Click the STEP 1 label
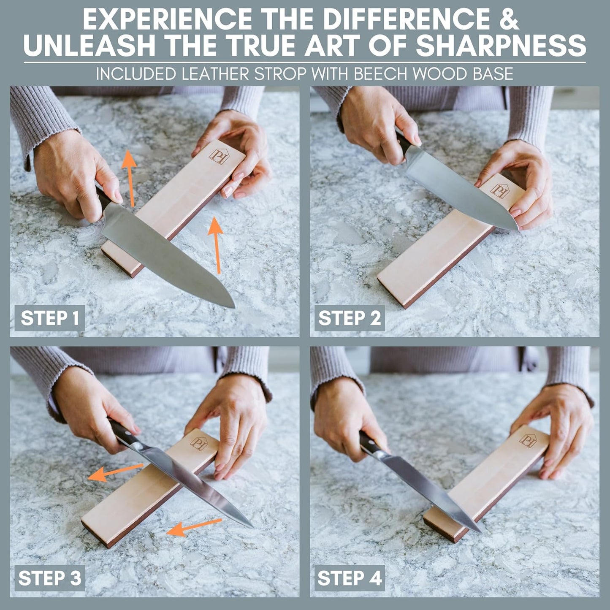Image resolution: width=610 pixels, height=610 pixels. pyautogui.click(x=50, y=318)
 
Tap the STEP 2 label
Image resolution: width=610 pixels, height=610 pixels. pyautogui.click(x=350, y=318)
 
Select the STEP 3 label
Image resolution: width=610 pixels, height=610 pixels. pyautogui.click(x=50, y=578)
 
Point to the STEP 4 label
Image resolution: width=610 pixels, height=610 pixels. pyautogui.click(x=350, y=578)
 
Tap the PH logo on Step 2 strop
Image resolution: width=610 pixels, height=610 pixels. pyautogui.click(x=499, y=191)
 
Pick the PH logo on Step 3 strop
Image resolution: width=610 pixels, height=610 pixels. pyautogui.click(x=198, y=443)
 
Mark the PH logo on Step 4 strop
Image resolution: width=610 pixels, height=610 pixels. pyautogui.click(x=527, y=440)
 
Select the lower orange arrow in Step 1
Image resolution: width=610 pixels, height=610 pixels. pyautogui.click(x=217, y=245)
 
